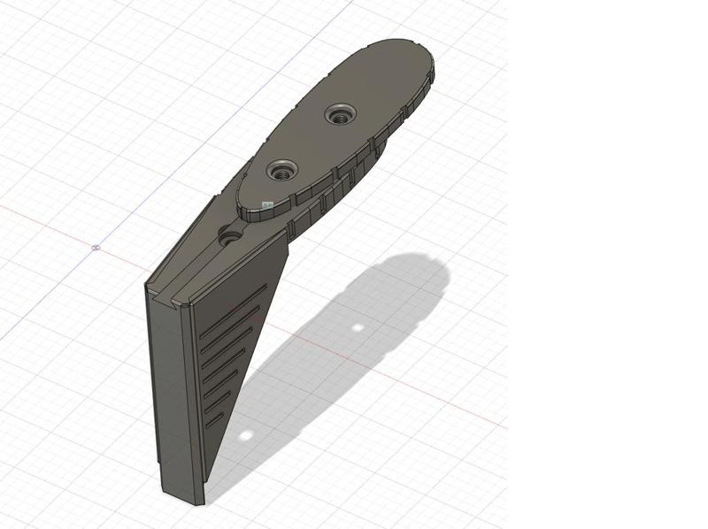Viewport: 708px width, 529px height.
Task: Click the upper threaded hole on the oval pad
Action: pos(339,113)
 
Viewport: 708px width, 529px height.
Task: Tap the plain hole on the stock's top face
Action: pos(230,236)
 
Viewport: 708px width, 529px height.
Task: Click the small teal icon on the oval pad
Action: pos(266,203)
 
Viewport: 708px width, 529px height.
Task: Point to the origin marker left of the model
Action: pos(96,248)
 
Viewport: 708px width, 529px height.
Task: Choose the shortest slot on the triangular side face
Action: pos(214,423)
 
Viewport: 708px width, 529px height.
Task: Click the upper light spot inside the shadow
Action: pos(358,328)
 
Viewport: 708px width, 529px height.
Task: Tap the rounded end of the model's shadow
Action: pos(434,270)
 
